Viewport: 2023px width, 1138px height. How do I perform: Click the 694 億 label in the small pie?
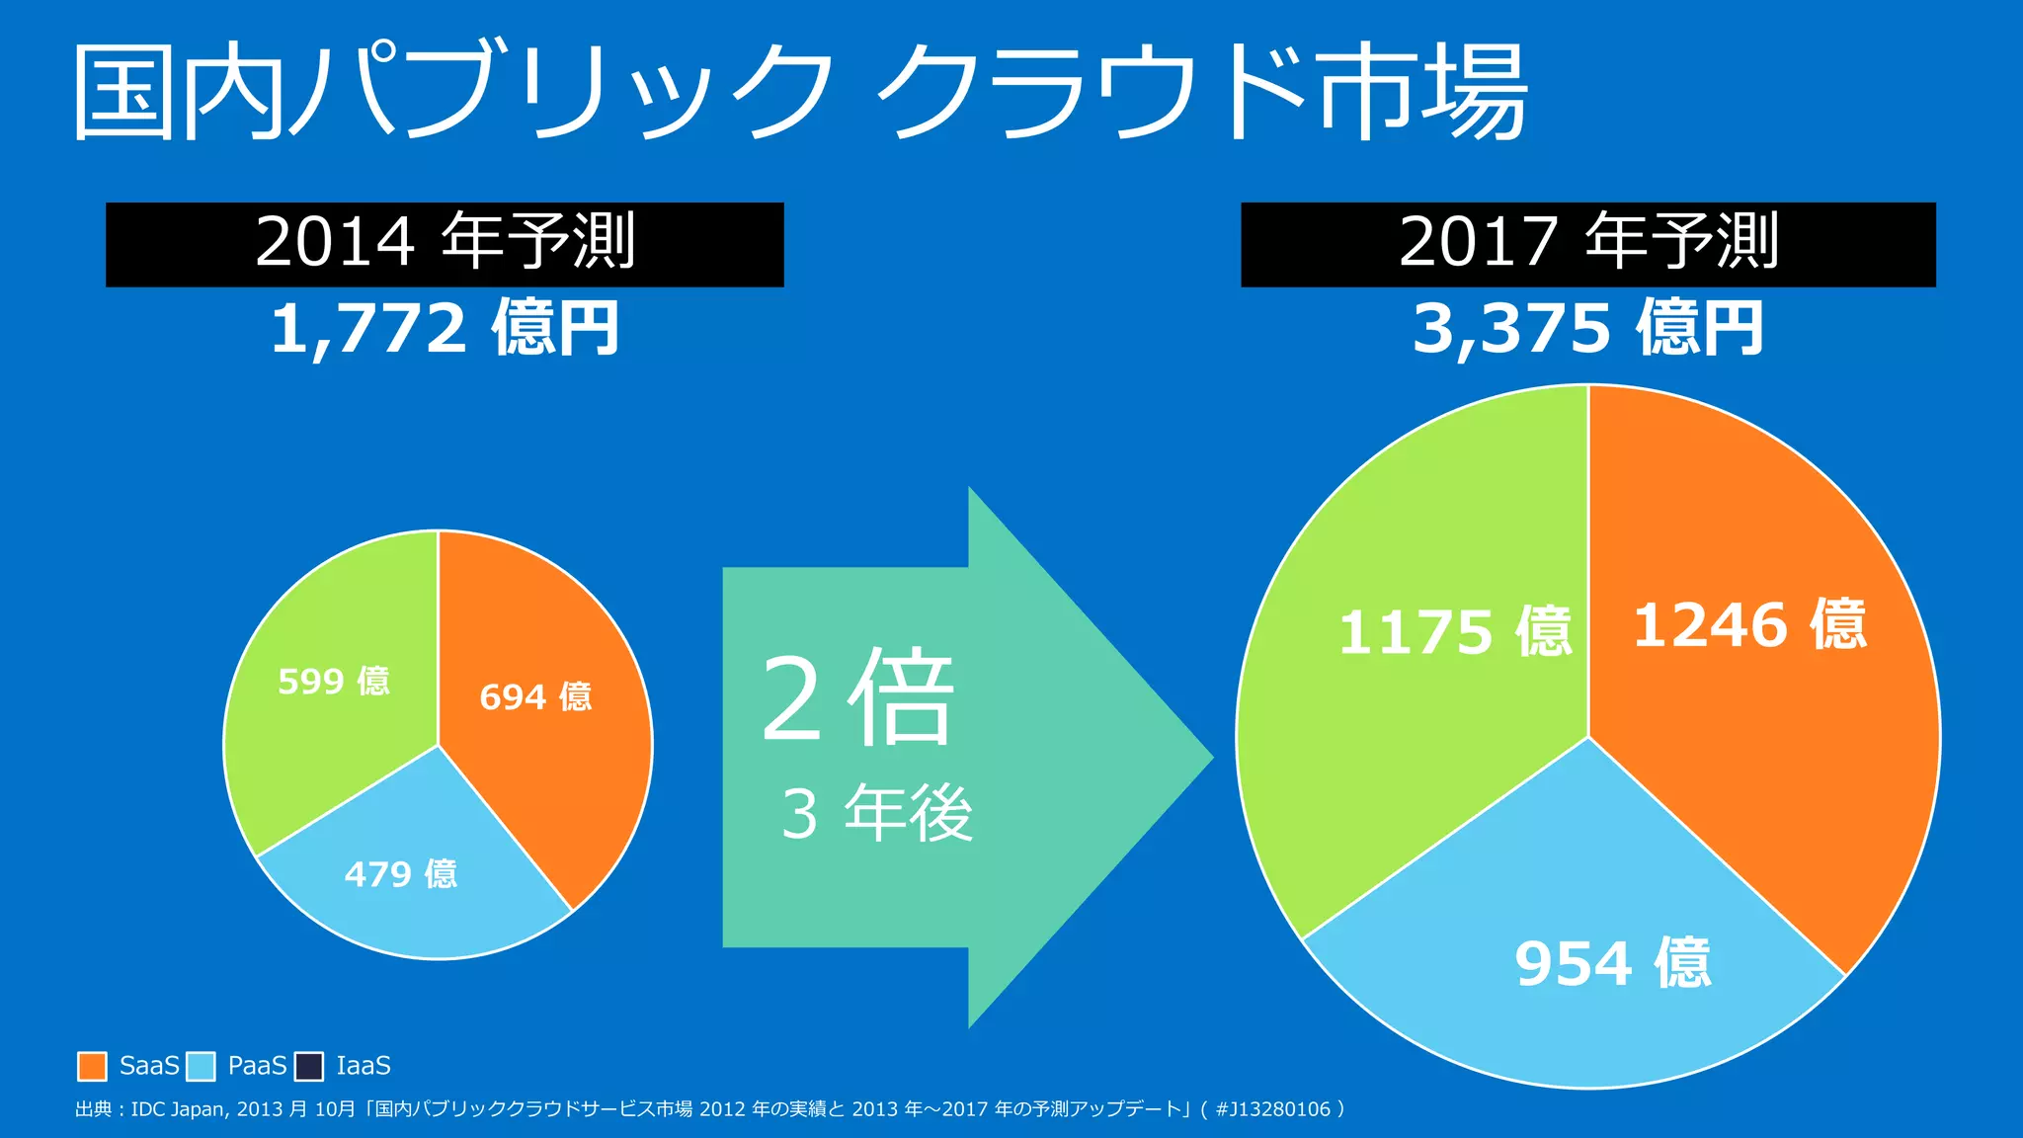(535, 697)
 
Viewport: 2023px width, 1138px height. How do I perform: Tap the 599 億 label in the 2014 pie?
(334, 682)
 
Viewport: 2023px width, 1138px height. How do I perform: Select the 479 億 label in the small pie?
(401, 874)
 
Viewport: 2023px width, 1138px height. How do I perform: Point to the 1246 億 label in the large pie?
(1749, 625)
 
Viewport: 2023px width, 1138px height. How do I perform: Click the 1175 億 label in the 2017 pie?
(1454, 632)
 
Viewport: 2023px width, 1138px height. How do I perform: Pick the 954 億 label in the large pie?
(1612, 964)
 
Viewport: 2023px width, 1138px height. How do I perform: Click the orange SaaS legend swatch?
(92, 1066)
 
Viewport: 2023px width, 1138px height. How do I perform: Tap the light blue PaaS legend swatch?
(201, 1066)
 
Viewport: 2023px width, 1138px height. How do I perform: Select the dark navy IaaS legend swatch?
(309, 1066)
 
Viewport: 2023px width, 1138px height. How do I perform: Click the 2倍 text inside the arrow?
(857, 699)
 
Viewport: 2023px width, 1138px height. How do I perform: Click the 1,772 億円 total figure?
(445, 329)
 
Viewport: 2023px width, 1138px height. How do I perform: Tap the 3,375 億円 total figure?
(1587, 329)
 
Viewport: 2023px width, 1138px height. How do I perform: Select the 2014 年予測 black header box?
(445, 244)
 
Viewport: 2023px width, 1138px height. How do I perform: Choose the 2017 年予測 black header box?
(1587, 244)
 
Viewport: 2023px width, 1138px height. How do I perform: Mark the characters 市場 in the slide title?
(1422, 91)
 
